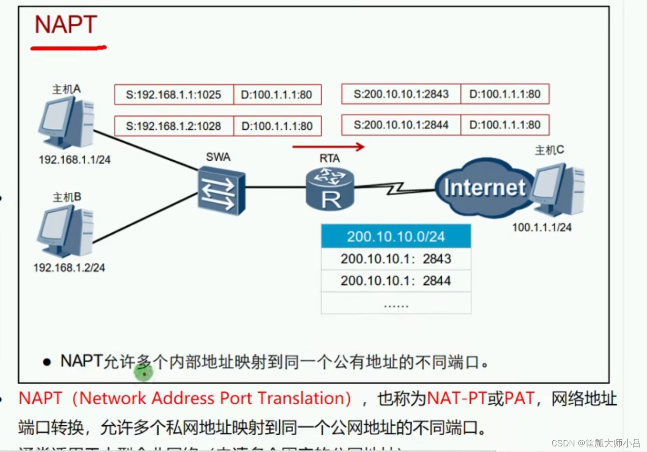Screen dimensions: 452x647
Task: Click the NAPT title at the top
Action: coord(66,25)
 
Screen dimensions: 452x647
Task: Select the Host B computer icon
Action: coord(66,231)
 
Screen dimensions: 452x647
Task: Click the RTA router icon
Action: coord(330,189)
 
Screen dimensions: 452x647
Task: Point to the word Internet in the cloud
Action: coord(484,188)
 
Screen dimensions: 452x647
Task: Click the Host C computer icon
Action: coord(558,190)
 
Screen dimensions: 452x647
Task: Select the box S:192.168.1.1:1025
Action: coord(174,95)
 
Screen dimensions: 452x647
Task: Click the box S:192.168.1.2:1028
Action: coord(174,126)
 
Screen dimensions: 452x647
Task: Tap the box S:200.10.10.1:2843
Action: coord(401,94)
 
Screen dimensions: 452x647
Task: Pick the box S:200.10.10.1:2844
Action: coord(401,125)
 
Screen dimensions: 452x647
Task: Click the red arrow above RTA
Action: coord(328,147)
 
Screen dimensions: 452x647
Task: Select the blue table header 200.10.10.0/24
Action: coord(396,237)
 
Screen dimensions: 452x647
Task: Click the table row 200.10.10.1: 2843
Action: coord(396,259)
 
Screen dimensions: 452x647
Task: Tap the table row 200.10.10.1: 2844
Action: coord(396,281)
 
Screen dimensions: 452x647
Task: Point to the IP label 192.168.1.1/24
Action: coord(74,160)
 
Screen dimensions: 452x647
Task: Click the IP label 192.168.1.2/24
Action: coord(69,268)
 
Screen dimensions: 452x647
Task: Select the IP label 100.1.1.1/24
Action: coord(542,228)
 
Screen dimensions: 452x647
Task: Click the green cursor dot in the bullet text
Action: coord(144,373)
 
